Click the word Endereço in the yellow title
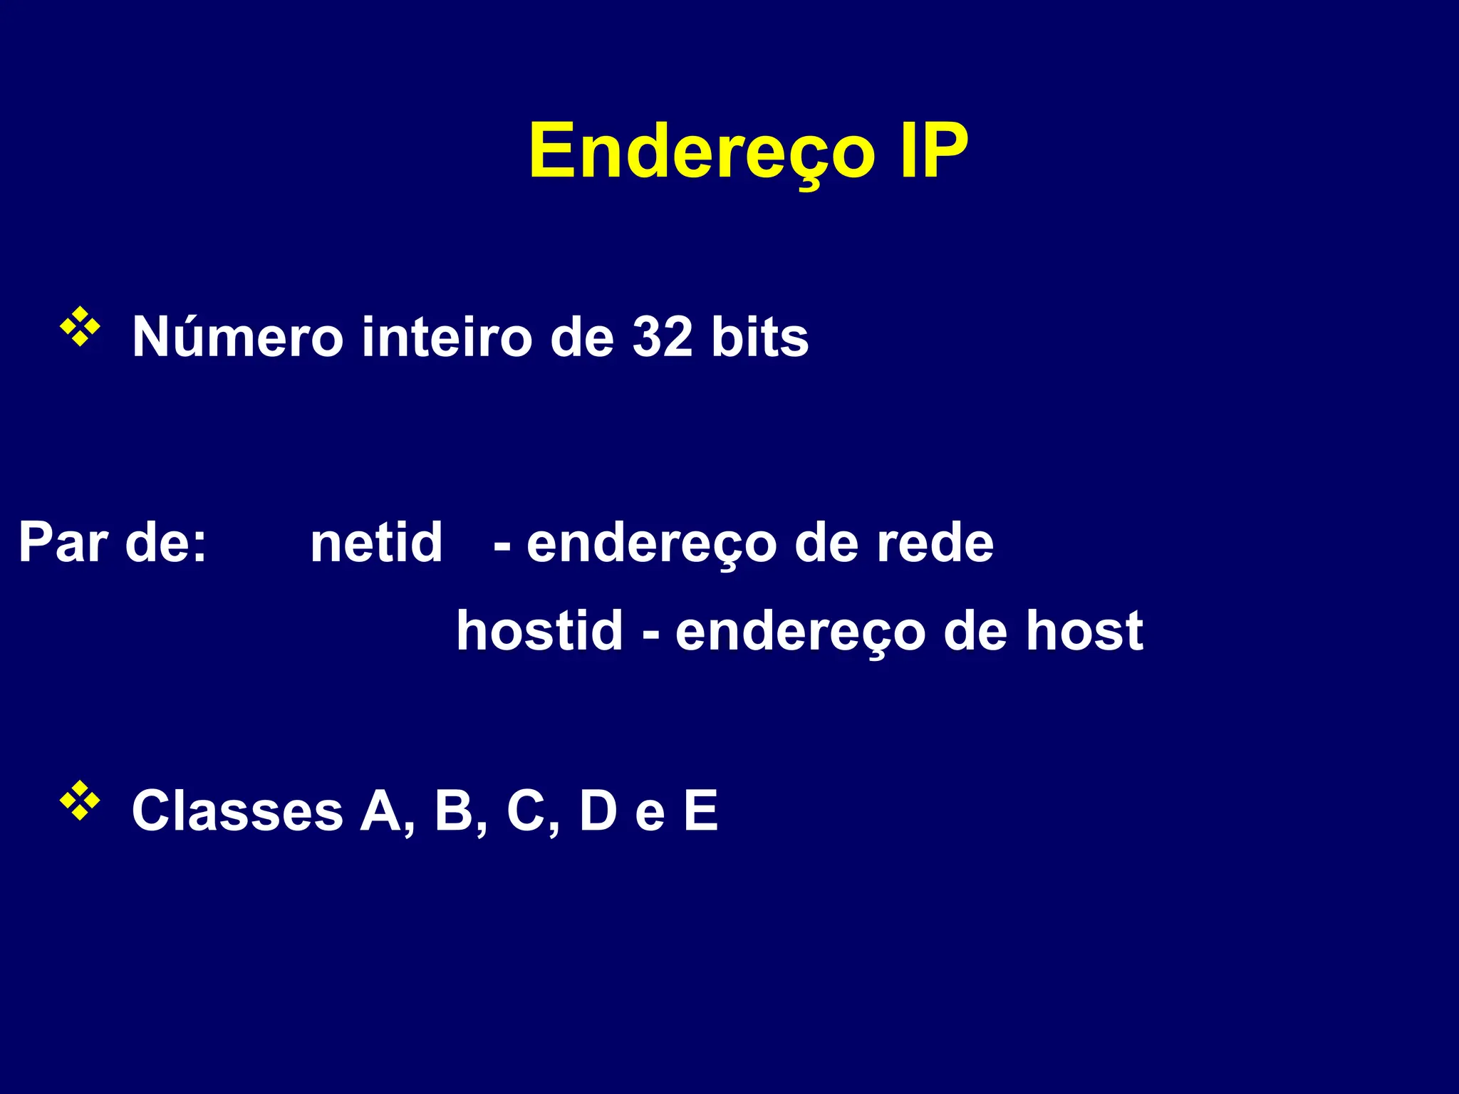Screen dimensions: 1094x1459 click(x=701, y=151)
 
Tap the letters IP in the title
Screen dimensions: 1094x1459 click(x=933, y=151)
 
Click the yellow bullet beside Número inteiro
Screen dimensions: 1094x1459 click(x=80, y=327)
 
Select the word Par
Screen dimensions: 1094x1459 click(x=63, y=543)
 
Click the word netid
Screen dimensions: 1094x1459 click(x=376, y=543)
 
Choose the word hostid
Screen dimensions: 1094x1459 click(x=539, y=631)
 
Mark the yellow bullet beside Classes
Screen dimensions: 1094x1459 click(x=80, y=801)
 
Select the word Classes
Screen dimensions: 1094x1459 click(x=237, y=811)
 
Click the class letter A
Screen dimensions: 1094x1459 click(x=382, y=811)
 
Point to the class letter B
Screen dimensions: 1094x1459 click(x=455, y=811)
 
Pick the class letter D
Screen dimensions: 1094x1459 click(x=598, y=811)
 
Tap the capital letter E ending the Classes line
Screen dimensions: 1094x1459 click(x=701, y=811)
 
